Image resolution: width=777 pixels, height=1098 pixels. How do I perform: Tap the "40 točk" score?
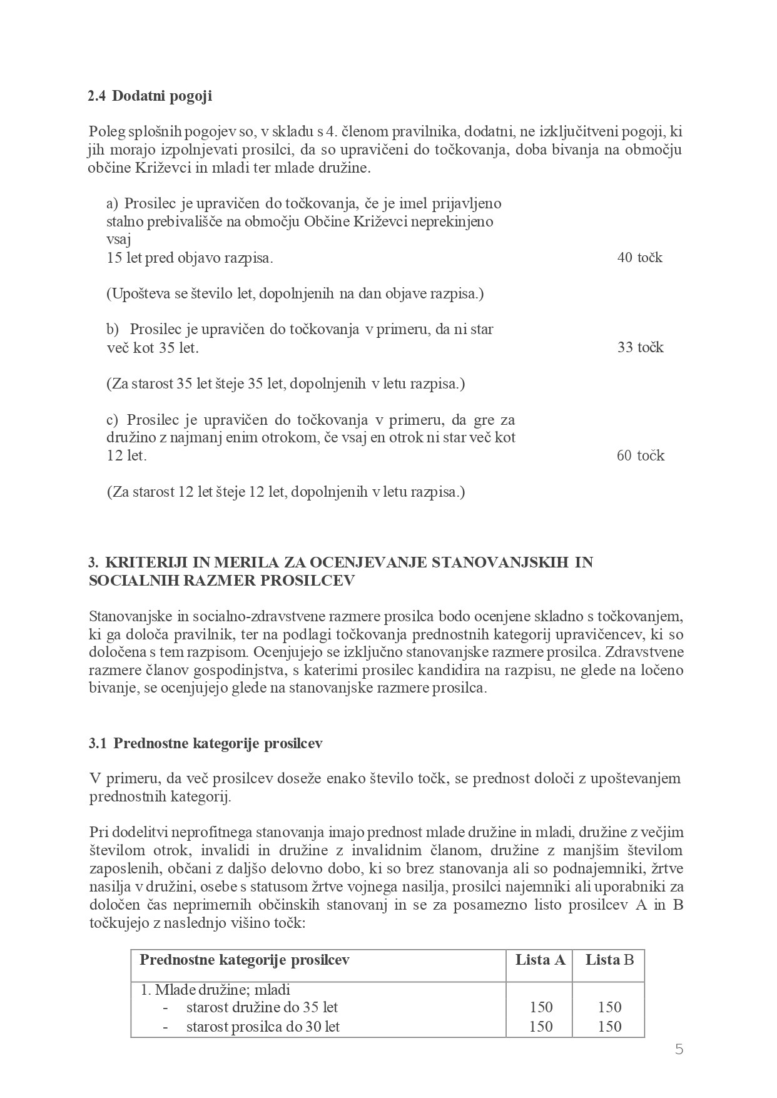[x=639, y=258]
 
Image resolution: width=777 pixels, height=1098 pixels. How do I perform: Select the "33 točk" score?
[x=640, y=348]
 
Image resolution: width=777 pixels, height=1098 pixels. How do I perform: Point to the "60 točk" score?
[x=640, y=455]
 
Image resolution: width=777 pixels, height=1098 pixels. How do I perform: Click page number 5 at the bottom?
[x=679, y=1049]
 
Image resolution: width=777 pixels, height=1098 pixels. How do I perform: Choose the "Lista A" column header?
[x=540, y=960]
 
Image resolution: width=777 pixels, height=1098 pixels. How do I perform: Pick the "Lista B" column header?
[x=609, y=960]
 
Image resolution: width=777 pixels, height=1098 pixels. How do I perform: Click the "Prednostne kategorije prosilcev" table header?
[x=244, y=960]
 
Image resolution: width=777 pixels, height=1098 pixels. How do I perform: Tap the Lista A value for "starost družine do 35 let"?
[x=541, y=1007]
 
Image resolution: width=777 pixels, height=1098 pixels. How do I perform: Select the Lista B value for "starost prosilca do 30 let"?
[x=609, y=1026]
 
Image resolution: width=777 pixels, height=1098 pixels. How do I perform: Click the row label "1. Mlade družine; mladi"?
[x=215, y=990]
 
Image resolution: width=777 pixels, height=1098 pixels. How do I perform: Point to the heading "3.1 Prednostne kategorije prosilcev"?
[x=205, y=743]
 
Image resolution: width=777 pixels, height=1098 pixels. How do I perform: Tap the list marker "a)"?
[x=113, y=203]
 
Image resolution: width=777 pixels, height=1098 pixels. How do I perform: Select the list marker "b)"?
[x=113, y=329]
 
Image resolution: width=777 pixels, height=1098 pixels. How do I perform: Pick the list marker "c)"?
[x=113, y=419]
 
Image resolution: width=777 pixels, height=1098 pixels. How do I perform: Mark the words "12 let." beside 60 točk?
[x=126, y=455]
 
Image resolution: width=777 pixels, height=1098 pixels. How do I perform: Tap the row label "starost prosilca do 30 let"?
[x=263, y=1026]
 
